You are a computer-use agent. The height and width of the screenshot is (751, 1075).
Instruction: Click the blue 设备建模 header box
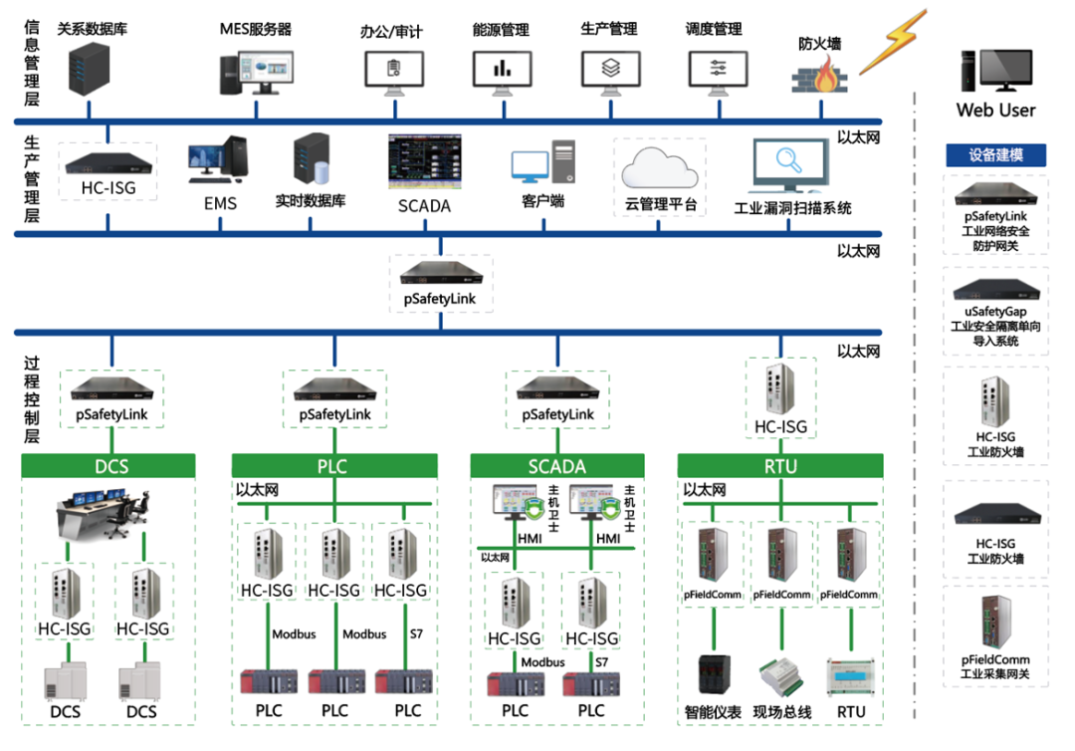point(995,155)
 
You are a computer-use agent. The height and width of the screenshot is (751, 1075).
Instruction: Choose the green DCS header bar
point(108,465)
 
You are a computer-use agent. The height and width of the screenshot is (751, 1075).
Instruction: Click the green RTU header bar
point(779,465)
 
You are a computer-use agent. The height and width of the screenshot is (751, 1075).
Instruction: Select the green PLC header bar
point(333,465)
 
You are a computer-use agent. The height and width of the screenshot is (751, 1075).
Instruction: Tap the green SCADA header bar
point(556,465)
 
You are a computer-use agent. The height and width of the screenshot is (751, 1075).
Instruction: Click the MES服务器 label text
point(256,30)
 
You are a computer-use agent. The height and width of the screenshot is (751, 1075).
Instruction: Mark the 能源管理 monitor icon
point(501,69)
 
